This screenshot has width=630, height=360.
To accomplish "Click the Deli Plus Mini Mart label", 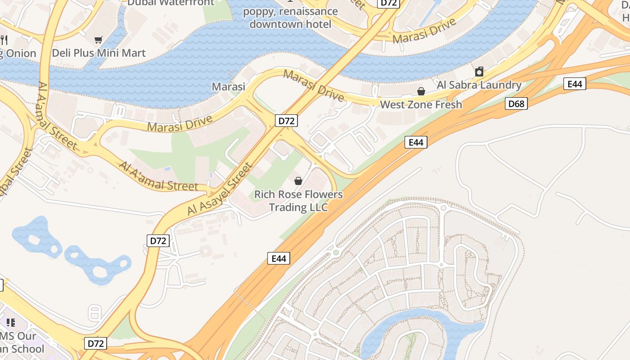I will pyautogui.click(x=99, y=53).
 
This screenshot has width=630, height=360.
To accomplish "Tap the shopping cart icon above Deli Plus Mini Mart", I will pyautogui.click(x=98, y=40).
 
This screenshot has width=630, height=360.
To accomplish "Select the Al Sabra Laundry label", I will pyautogui.click(x=479, y=85).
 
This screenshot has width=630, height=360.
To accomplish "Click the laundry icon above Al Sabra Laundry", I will pyautogui.click(x=479, y=72).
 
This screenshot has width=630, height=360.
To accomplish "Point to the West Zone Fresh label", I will pyautogui.click(x=421, y=105).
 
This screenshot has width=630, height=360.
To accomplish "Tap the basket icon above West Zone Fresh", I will pyautogui.click(x=421, y=92).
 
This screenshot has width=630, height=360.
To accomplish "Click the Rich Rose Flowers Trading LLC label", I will pyautogui.click(x=298, y=201).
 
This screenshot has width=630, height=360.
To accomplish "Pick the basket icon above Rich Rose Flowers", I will pyautogui.click(x=298, y=181).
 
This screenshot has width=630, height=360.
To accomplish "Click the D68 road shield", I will pyautogui.click(x=516, y=104).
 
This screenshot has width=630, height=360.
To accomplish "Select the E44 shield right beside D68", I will pyautogui.click(x=575, y=84).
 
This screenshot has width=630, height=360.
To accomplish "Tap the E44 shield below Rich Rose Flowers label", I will pyautogui.click(x=279, y=258).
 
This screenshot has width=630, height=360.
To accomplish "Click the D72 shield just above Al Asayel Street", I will pyautogui.click(x=286, y=121).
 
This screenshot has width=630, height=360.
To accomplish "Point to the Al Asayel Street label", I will pyautogui.click(x=220, y=189).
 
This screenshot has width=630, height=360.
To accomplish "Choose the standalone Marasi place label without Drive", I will pyautogui.click(x=229, y=86).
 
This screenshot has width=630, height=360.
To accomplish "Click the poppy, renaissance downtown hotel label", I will pyautogui.click(x=291, y=18).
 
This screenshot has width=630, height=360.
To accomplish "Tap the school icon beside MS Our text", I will pyautogui.click(x=10, y=322).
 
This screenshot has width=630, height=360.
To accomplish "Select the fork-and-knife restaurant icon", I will pyautogui.click(x=4, y=40).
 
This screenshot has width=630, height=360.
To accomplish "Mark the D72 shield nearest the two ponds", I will pyautogui.click(x=158, y=241).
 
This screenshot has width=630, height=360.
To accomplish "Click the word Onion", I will pyautogui.click(x=21, y=54).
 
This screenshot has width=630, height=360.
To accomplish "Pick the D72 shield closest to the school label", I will pyautogui.click(x=96, y=344).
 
